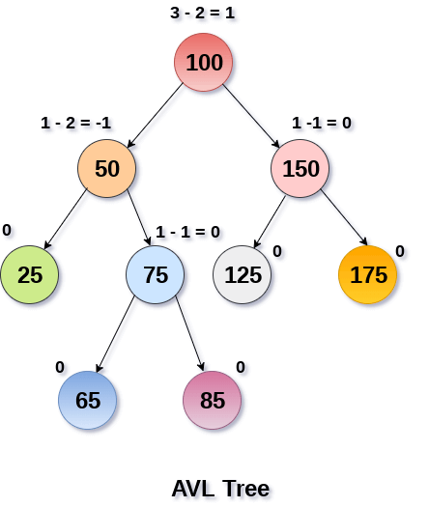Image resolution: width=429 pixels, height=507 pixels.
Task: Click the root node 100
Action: [x=203, y=64]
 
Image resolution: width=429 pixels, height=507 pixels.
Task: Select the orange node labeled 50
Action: [x=107, y=169]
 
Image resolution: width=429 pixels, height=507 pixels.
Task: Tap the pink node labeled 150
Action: [x=300, y=169]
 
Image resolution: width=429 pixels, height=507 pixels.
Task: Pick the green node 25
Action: [x=30, y=274]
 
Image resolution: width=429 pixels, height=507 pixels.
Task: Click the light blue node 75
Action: [x=156, y=274]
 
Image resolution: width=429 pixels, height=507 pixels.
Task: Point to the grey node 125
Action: [x=243, y=274]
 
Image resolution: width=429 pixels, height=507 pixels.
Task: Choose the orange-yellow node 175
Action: [x=368, y=274]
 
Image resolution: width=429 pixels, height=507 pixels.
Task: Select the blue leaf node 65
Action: [x=87, y=400]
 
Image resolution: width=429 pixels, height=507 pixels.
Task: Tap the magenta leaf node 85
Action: [x=212, y=400]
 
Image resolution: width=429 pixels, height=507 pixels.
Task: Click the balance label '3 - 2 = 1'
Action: [x=203, y=14]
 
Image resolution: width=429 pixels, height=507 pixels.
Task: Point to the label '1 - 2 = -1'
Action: [x=76, y=123]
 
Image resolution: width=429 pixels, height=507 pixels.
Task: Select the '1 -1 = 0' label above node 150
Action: [x=322, y=123]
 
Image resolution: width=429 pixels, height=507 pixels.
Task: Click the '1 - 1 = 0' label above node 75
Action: [x=187, y=232]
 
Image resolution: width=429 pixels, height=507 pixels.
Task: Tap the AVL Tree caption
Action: [x=220, y=488]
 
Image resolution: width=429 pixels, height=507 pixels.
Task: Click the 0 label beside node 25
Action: [x=7, y=231]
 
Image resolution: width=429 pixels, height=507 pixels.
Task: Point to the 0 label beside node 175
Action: [x=400, y=251]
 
